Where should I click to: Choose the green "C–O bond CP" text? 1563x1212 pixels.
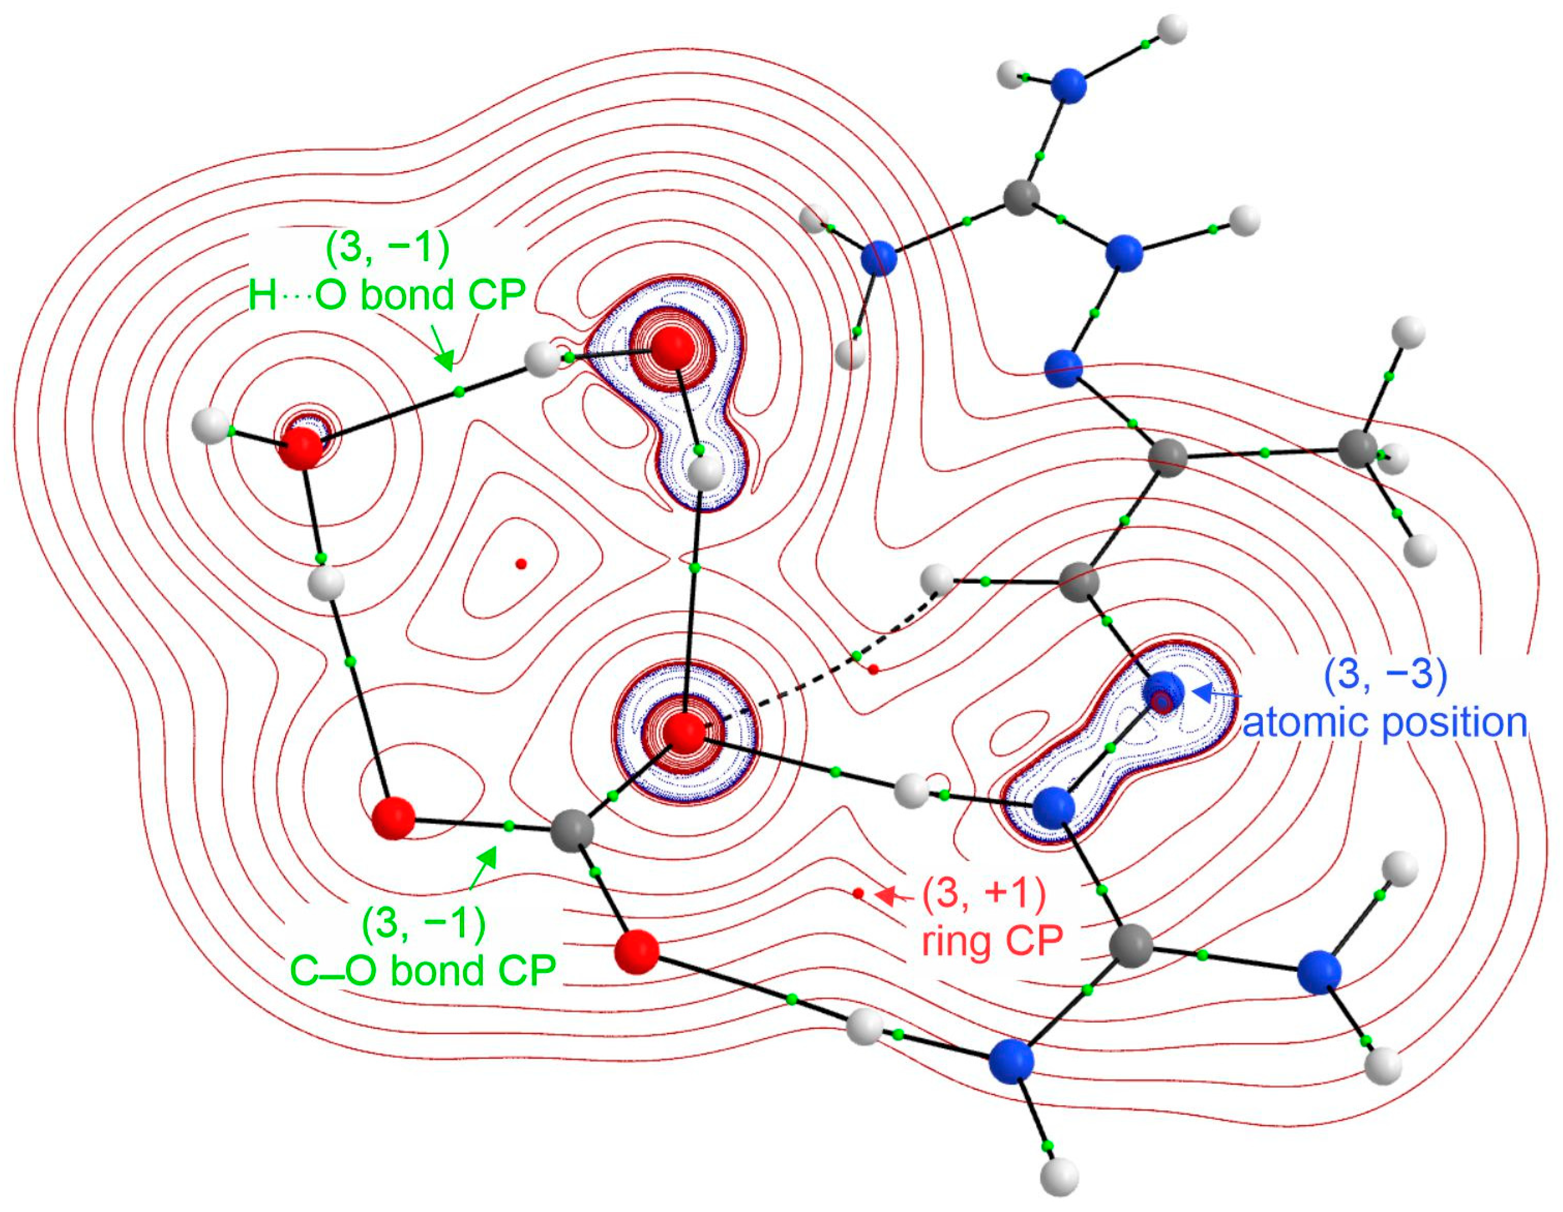tap(423, 970)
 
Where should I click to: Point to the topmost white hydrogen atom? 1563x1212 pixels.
tap(1171, 30)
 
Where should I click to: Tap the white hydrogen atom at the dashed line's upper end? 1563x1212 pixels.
tap(937, 579)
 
